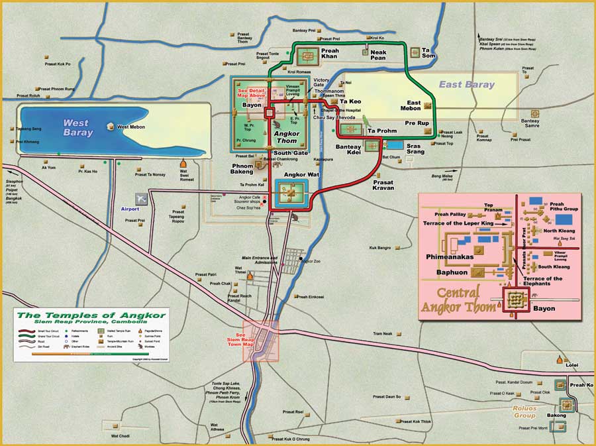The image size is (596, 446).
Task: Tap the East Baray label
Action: (x=466, y=85)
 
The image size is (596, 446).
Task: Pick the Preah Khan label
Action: (x=329, y=54)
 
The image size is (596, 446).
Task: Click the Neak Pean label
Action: (x=378, y=54)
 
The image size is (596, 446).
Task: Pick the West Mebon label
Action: (x=131, y=127)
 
